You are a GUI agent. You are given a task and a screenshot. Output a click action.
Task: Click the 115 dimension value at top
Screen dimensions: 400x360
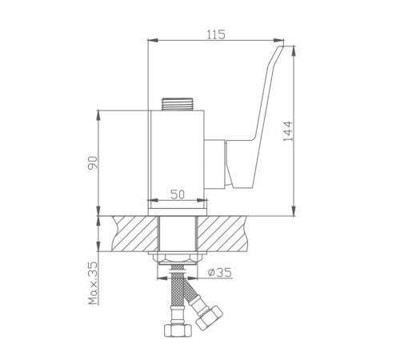tap(216, 34)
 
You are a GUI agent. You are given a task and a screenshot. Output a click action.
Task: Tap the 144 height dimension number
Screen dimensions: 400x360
tap(288, 131)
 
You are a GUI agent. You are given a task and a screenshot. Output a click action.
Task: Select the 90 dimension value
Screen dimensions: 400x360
tap(93, 163)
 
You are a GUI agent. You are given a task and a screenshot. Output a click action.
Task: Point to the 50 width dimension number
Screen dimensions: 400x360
tap(178, 194)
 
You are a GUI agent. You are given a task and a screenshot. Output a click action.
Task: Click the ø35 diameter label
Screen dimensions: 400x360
tap(220, 272)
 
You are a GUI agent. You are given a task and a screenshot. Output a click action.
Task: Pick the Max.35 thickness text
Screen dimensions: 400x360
tap(93, 283)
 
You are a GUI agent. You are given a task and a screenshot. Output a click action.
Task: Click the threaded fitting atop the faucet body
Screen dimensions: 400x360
tap(177, 104)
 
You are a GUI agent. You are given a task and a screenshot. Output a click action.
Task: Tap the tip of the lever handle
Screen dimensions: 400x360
tap(282, 47)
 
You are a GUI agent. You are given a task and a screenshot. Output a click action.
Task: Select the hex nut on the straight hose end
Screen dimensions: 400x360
tap(178, 330)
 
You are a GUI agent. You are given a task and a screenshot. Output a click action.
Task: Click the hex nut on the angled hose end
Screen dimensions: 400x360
tap(209, 317)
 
